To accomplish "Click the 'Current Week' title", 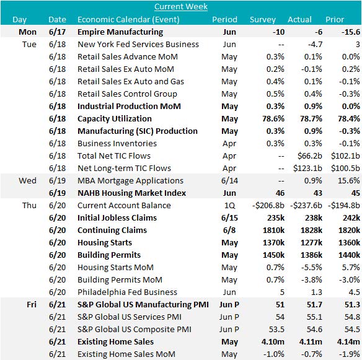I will (180, 7).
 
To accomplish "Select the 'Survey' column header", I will (262, 19).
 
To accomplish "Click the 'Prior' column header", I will (347, 19).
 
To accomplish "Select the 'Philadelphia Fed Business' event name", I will (127, 292).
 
